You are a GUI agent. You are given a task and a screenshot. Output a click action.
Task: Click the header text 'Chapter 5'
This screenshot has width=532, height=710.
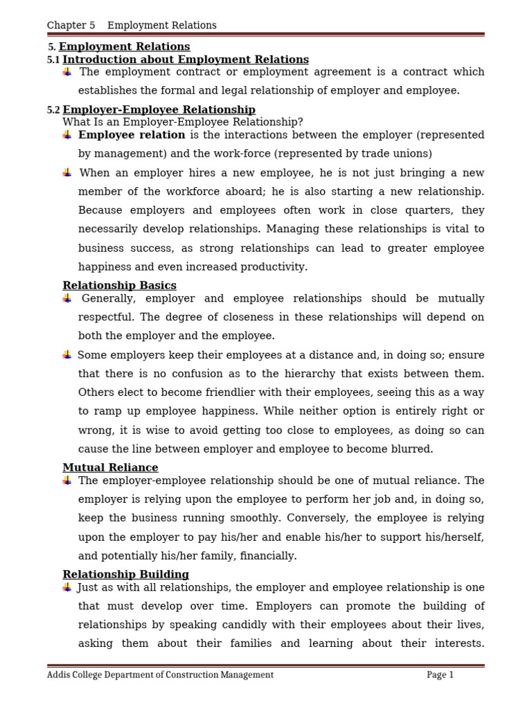(71, 26)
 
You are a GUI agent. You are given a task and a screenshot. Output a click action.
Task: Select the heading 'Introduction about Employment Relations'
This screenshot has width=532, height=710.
(185, 60)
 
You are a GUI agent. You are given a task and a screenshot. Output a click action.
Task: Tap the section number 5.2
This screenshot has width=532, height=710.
(53, 110)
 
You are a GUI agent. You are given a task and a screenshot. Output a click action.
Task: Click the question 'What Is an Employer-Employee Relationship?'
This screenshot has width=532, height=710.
(183, 122)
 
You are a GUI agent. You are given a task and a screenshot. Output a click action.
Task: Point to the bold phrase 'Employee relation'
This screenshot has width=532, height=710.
(132, 135)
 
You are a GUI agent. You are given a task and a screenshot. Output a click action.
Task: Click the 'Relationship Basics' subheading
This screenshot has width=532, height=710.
(119, 286)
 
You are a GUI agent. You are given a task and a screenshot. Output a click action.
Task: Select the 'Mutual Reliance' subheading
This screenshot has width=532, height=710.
(110, 468)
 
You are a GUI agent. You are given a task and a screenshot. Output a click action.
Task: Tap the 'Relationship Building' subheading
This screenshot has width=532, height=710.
(125, 575)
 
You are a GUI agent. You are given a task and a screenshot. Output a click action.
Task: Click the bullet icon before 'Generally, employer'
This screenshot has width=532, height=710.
(67, 298)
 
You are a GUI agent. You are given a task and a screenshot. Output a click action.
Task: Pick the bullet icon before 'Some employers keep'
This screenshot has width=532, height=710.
(67, 355)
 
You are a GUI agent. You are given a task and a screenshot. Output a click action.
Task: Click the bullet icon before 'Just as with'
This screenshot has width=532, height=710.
(67, 587)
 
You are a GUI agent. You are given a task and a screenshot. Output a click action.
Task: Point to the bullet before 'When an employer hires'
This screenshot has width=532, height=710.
(67, 173)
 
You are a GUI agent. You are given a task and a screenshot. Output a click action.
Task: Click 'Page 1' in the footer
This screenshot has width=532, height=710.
(440, 675)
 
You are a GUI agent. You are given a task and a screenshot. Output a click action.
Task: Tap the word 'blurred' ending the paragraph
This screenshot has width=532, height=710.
(413, 449)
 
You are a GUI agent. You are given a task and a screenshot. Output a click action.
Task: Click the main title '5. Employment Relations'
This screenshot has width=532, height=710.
(119, 47)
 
